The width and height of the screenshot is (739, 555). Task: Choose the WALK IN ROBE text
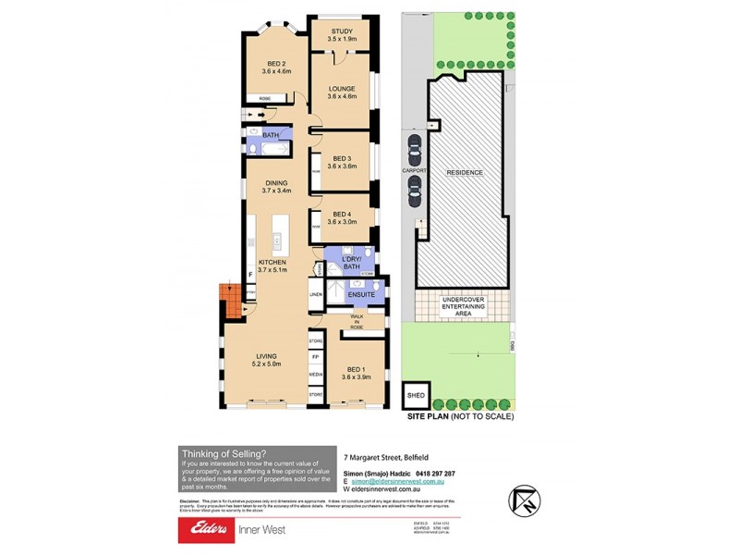[x=356, y=322]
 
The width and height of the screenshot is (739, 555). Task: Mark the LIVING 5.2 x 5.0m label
[x=265, y=359]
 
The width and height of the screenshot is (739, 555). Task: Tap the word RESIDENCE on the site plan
[x=465, y=172]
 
